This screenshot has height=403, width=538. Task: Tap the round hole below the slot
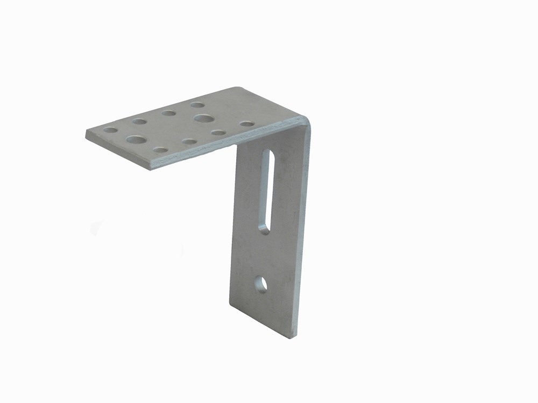click(x=261, y=284)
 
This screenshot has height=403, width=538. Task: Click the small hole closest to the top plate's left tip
click(x=110, y=130)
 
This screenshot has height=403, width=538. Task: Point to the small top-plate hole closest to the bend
click(x=247, y=124)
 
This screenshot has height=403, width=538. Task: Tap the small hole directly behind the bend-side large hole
click(x=197, y=105)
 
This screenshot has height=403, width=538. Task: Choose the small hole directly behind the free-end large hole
click(x=139, y=121)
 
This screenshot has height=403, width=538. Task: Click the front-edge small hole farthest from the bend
click(x=160, y=150)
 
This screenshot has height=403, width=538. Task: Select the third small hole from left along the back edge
click(x=168, y=113)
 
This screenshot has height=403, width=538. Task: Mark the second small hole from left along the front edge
click(x=189, y=141)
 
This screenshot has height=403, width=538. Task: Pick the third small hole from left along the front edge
click(x=218, y=132)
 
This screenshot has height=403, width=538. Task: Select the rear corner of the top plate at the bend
click(x=235, y=88)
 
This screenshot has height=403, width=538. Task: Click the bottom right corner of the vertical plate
click(x=295, y=337)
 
